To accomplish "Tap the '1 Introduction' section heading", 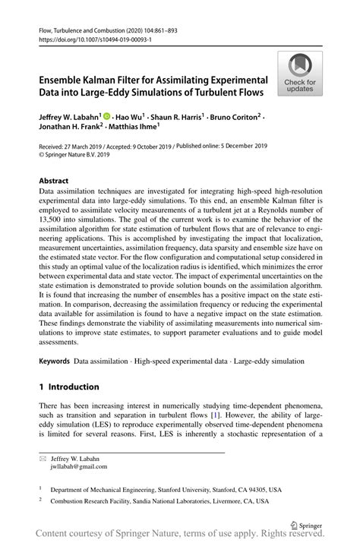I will click(x=69, y=386).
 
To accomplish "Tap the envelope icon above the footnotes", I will click(x=43, y=459).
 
